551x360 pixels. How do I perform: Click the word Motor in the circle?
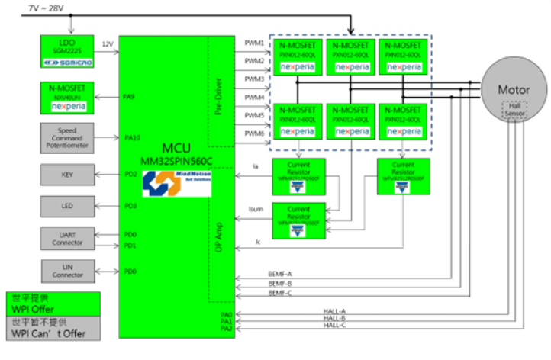(513, 89)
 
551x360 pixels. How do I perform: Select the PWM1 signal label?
(254, 43)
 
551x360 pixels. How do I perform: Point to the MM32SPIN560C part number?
(171, 156)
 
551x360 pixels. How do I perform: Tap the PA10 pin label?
(132, 138)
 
